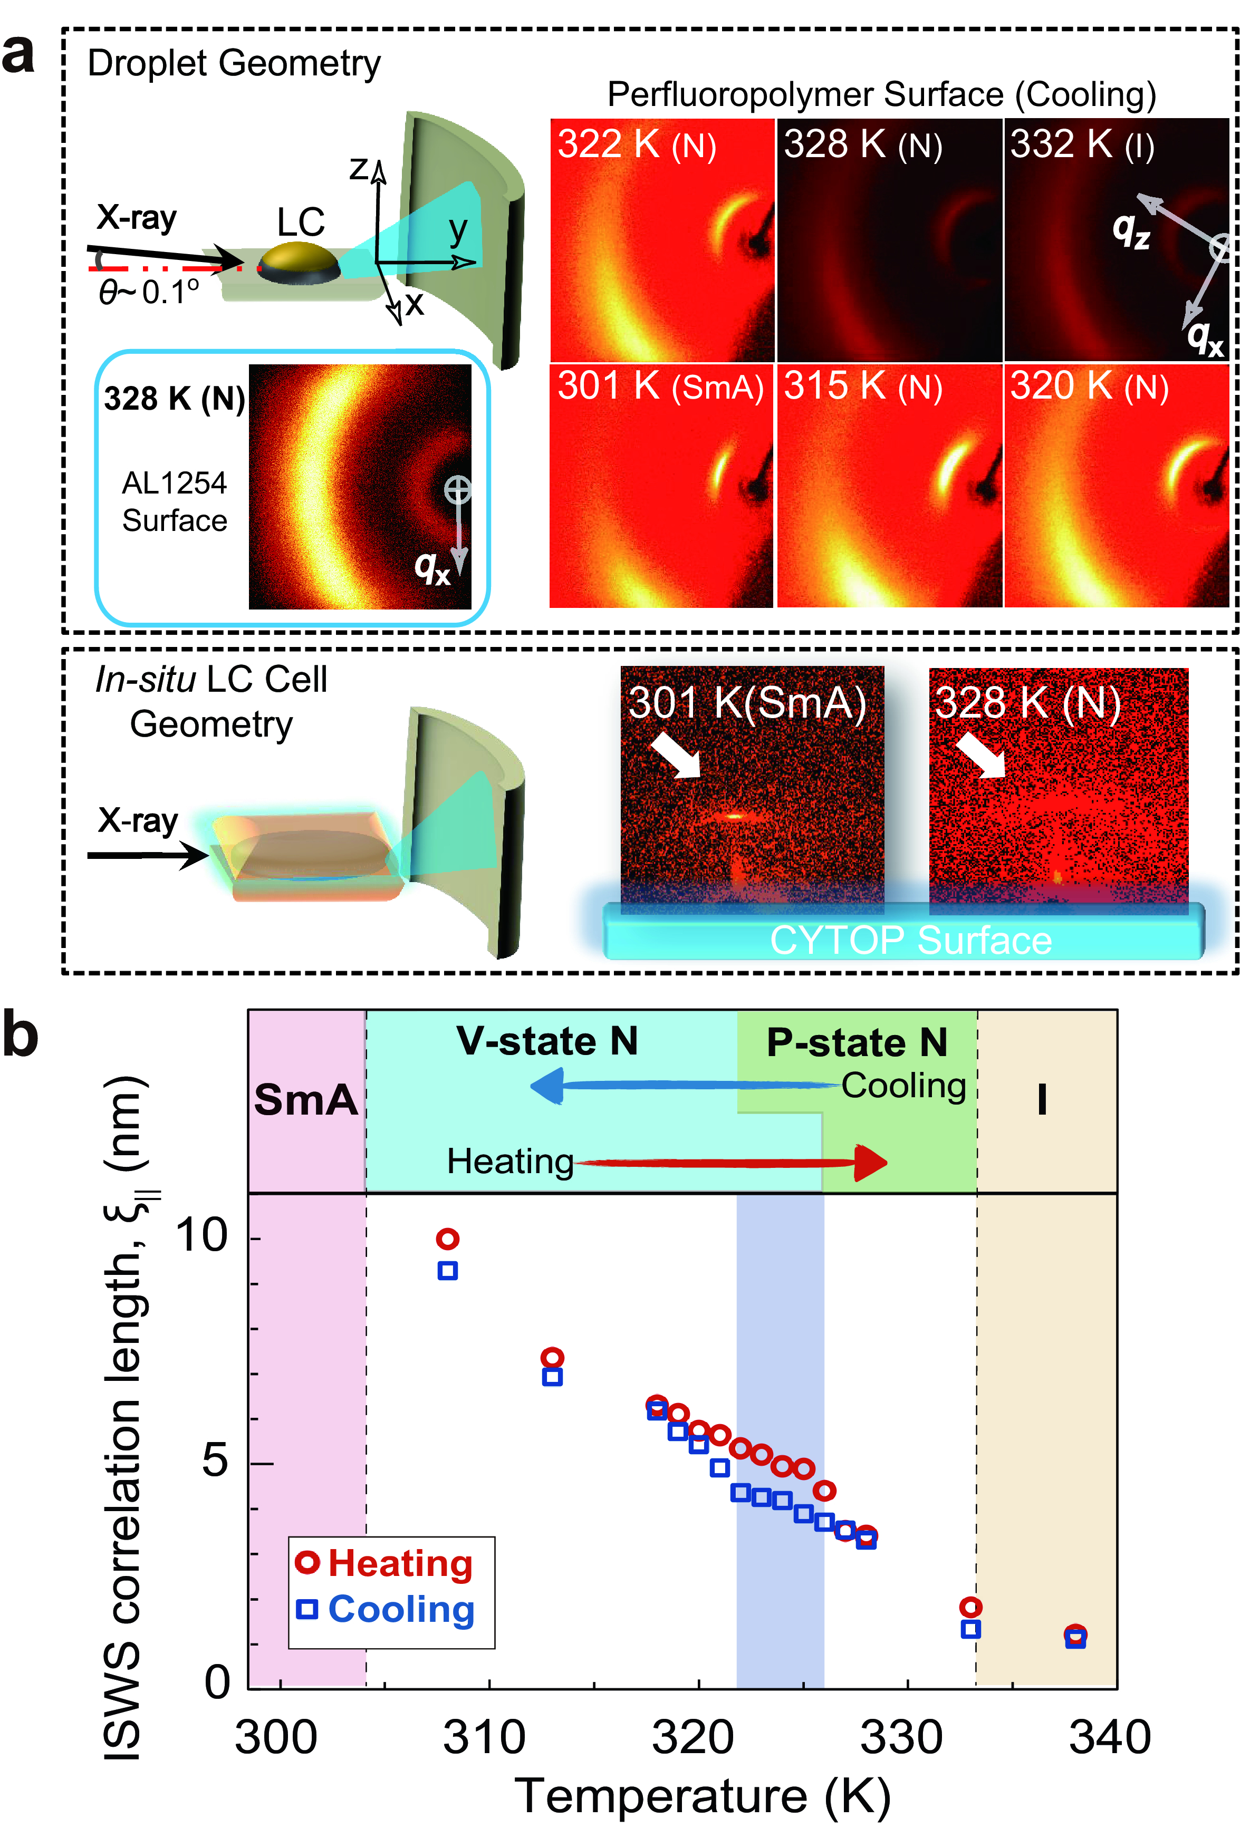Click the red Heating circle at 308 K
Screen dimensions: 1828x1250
tap(448, 1240)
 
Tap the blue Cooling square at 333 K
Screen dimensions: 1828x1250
tap(971, 1629)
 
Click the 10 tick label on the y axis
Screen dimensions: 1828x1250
tap(201, 1235)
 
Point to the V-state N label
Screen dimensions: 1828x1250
tap(547, 1041)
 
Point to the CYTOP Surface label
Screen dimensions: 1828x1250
tap(910, 940)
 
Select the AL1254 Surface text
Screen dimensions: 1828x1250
tap(175, 502)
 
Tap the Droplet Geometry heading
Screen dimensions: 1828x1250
tap(234, 64)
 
